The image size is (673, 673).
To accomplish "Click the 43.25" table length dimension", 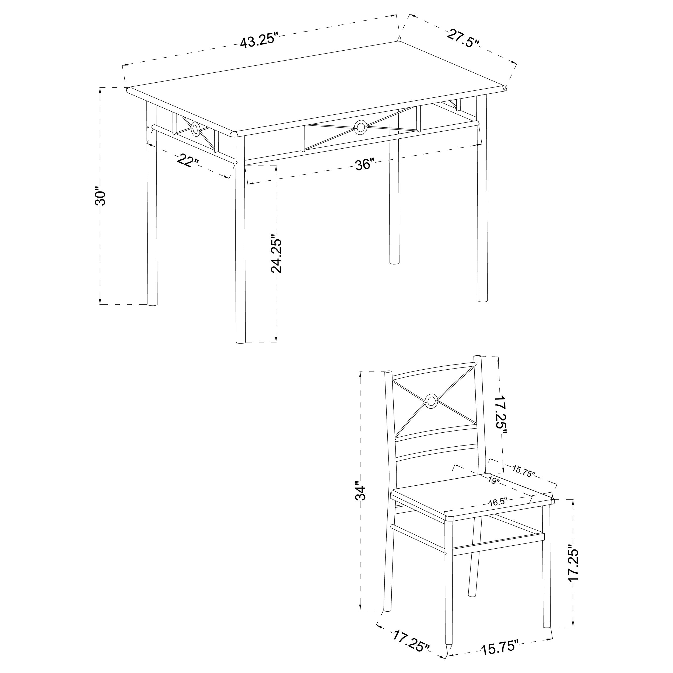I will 260,41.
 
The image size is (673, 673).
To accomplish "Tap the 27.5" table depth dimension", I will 463,39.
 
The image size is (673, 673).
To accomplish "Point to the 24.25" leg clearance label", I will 276,251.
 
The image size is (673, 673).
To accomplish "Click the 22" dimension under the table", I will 188,161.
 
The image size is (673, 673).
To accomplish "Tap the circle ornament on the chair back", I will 432,402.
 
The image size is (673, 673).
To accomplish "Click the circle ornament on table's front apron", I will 360,127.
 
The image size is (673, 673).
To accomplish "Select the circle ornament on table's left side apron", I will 195,129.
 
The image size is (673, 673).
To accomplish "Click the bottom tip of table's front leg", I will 240,342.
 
